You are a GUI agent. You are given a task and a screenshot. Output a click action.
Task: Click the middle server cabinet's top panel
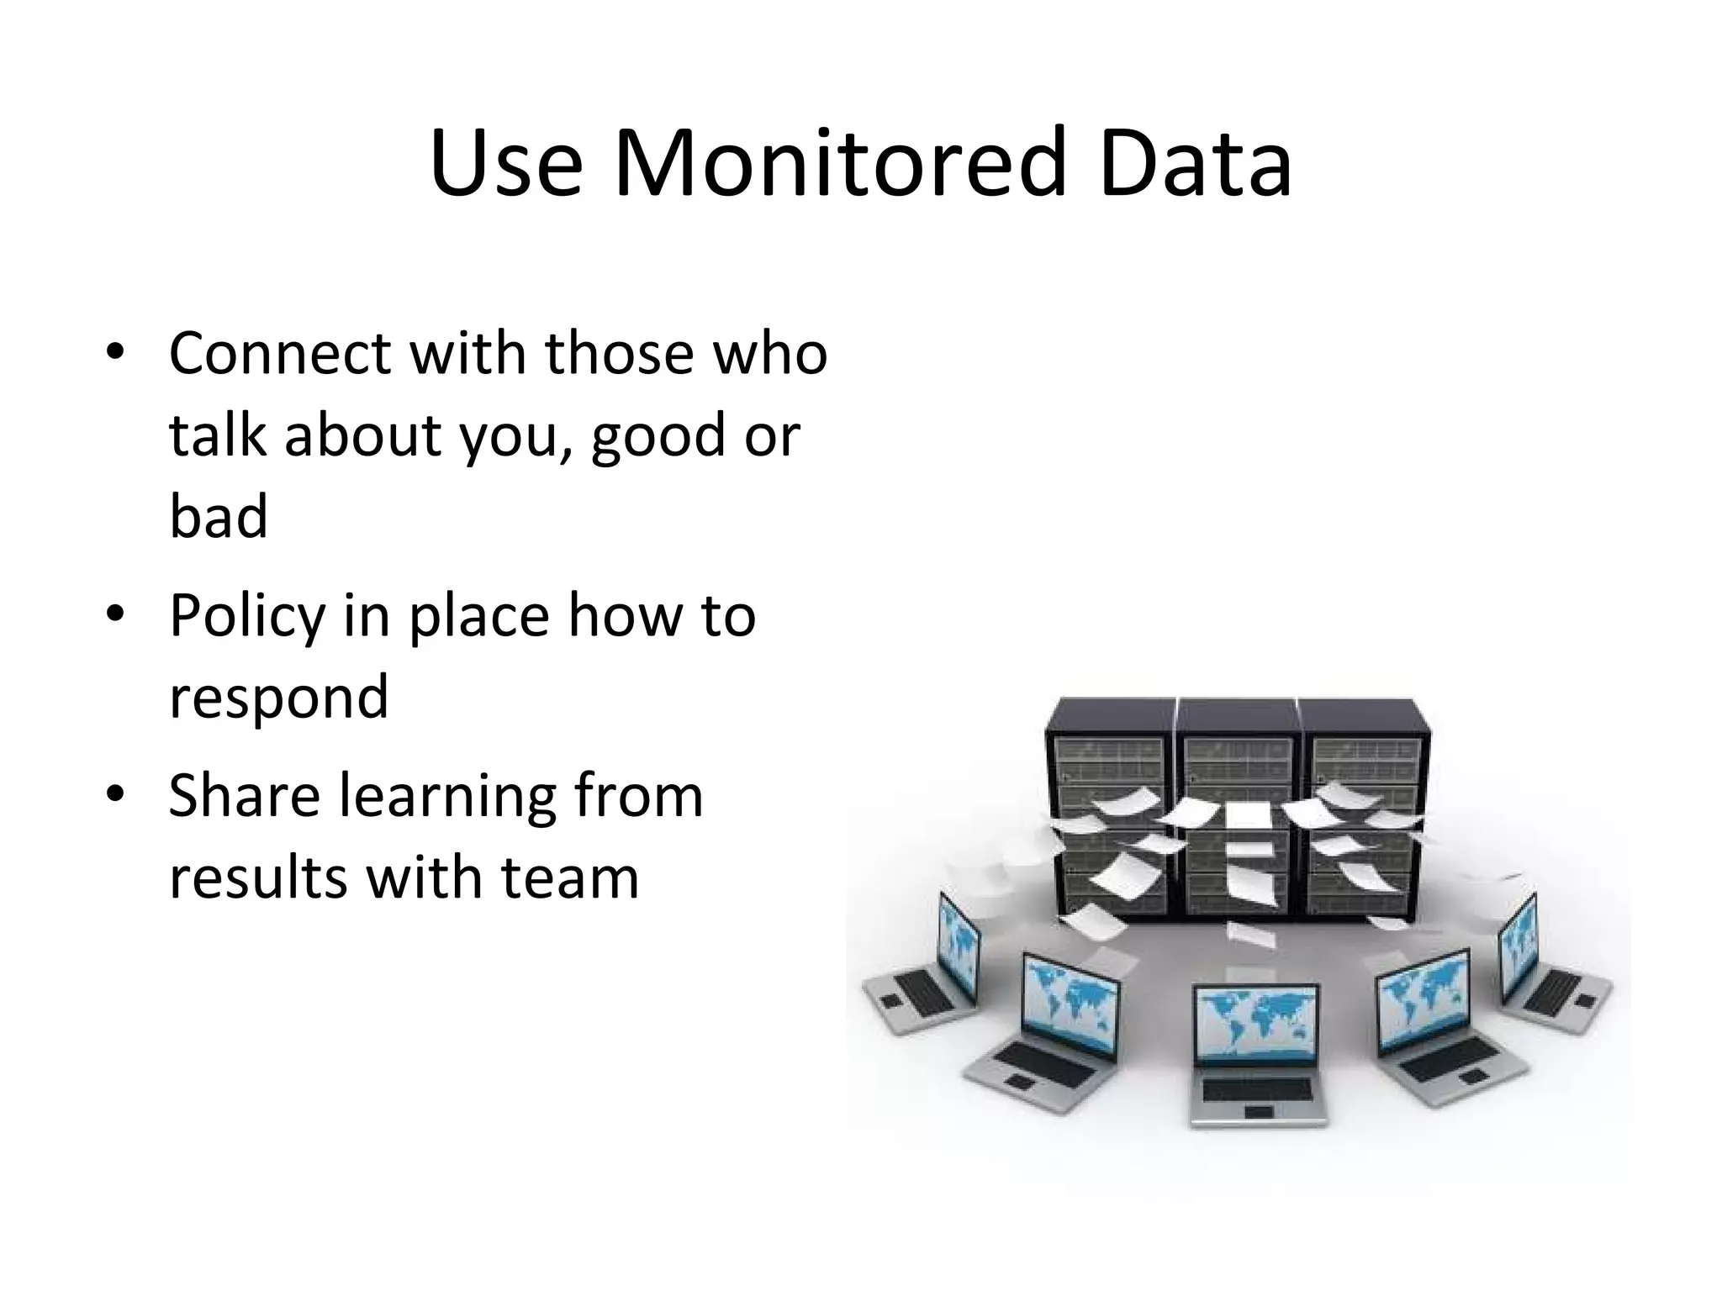[x=1237, y=714]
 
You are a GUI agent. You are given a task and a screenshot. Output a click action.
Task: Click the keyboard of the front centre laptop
[x=1257, y=1088]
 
